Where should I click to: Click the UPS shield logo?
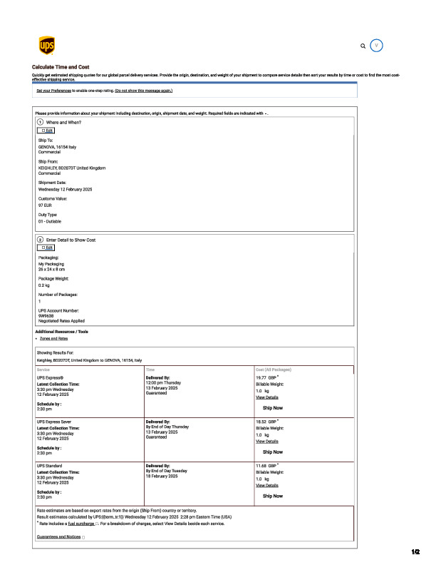[x=46, y=46]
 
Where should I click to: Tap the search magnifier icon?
[x=363, y=46]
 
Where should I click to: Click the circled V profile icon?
[x=378, y=45]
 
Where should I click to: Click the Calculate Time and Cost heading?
[x=61, y=66]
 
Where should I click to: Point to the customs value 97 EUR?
[x=45, y=205]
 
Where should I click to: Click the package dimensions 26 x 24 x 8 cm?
[x=51, y=270]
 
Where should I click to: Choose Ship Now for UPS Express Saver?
[x=273, y=452]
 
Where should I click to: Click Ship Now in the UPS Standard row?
[x=273, y=495]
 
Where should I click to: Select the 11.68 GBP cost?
[x=266, y=465]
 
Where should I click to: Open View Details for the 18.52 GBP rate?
[x=267, y=442]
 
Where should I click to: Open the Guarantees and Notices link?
[x=59, y=536]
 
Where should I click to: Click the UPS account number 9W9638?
[x=47, y=316]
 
